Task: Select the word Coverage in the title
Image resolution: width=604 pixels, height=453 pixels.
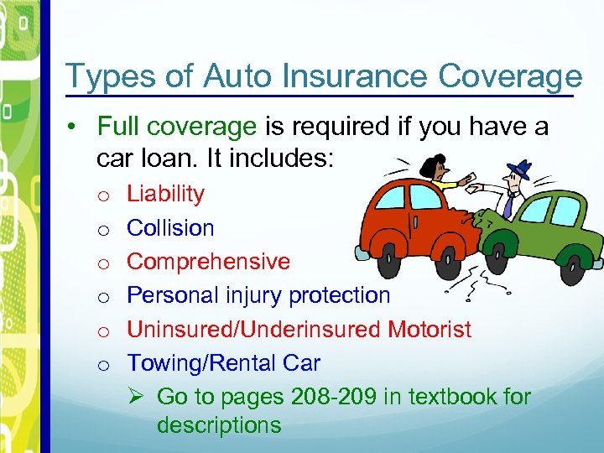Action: [x=510, y=76]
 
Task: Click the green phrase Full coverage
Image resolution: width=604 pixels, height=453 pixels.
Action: [x=177, y=127]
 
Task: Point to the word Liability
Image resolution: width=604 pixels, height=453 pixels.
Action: [x=165, y=194]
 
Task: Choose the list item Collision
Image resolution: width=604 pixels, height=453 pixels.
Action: [x=170, y=228]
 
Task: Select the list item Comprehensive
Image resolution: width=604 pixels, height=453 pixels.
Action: [x=208, y=262]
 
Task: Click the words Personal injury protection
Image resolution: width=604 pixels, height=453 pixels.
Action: [x=258, y=295]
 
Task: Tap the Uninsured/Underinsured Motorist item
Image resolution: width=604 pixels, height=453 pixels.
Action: [x=299, y=330]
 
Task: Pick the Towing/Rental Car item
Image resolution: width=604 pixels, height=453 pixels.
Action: [x=223, y=363]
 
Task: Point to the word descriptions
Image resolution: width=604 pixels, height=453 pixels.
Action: [x=219, y=425]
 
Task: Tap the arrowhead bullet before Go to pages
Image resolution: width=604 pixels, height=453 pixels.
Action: [x=138, y=396]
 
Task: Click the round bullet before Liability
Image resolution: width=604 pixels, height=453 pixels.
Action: [x=101, y=195]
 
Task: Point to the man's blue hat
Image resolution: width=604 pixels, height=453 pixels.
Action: [x=518, y=168]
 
